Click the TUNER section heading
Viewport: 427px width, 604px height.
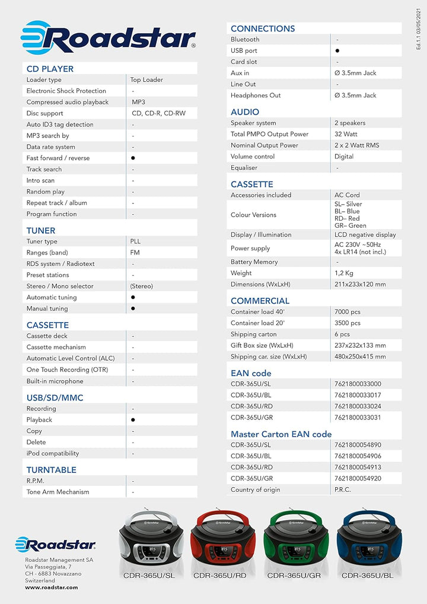click(41, 230)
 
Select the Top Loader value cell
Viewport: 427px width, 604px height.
click(146, 80)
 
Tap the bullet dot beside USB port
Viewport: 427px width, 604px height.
click(337, 51)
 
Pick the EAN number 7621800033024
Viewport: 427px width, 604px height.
click(358, 406)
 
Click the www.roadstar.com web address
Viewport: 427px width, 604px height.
click(52, 587)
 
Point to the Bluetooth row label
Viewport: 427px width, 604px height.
click(245, 39)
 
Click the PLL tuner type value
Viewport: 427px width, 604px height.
click(136, 241)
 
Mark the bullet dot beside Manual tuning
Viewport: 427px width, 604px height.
click(133, 309)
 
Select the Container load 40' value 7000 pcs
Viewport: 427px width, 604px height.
click(348, 311)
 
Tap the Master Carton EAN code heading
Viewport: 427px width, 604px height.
click(281, 434)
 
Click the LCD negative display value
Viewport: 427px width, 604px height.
click(365, 234)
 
